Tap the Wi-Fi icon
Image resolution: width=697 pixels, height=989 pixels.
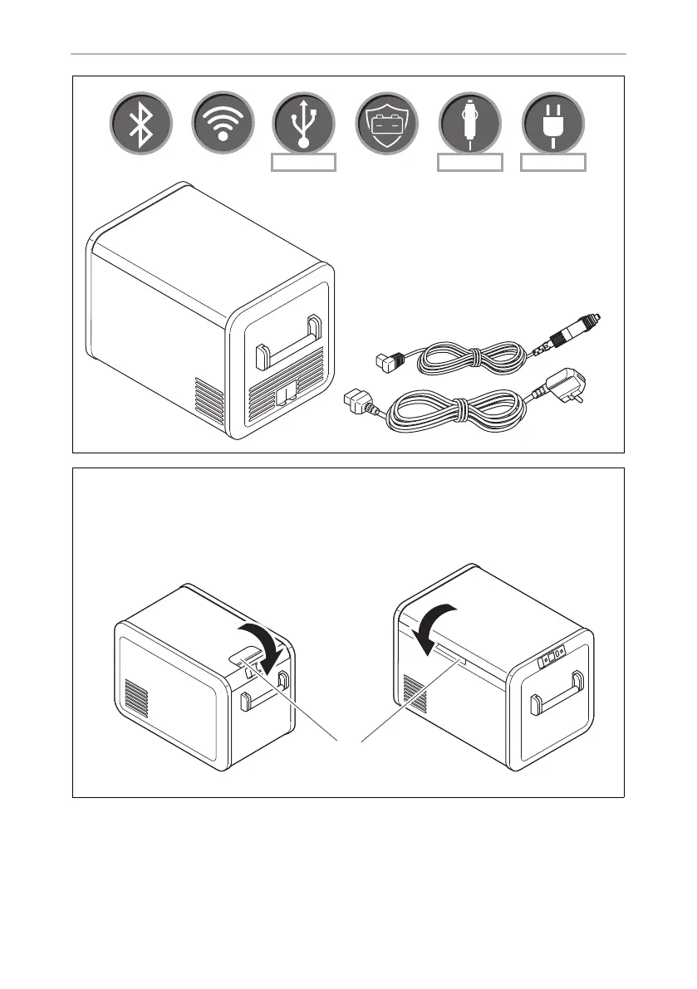tap(223, 125)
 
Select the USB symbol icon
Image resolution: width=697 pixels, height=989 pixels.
tap(304, 125)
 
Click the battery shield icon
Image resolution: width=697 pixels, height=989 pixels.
tap(386, 125)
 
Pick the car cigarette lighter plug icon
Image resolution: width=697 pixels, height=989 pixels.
tap(469, 125)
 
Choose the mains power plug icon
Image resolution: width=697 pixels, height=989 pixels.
tap(552, 125)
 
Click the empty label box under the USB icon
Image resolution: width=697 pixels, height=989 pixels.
tap(304, 162)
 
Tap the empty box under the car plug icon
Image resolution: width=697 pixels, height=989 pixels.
tap(470, 162)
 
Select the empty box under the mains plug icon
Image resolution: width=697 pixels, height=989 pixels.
tap(553, 162)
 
